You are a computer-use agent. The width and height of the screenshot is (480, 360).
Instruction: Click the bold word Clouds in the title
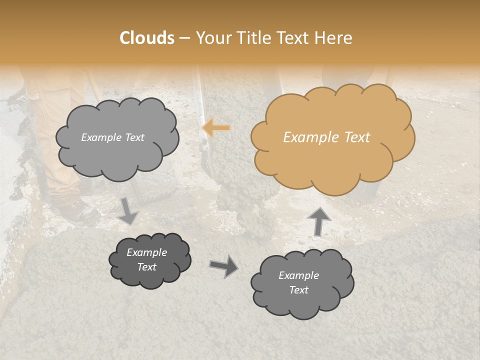click(146, 38)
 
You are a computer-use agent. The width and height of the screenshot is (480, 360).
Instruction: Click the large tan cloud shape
click(332, 160)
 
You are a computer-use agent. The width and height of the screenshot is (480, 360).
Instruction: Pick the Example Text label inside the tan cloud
click(326, 137)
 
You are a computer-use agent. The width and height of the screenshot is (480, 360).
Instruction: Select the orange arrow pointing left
click(216, 127)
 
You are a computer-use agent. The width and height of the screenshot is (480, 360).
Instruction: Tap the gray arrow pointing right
click(223, 265)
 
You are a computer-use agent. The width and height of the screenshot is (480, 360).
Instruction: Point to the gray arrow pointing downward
click(128, 210)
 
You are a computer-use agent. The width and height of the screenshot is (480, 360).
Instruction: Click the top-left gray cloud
click(117, 155)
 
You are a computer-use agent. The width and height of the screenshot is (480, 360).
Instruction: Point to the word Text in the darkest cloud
click(147, 267)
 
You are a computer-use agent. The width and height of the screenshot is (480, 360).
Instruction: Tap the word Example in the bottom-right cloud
click(298, 275)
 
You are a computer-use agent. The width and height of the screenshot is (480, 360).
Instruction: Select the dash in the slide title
click(184, 38)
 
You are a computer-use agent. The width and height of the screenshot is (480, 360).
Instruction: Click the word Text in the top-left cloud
click(134, 137)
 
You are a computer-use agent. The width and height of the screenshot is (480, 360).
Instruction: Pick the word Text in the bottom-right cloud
click(298, 290)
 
